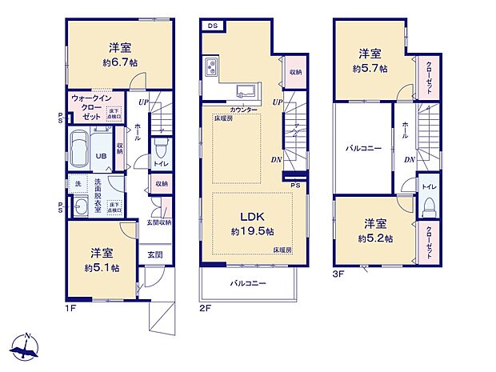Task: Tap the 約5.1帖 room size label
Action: [104, 269]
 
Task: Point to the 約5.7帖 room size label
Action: [369, 69]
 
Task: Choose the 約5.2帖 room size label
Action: [374, 238]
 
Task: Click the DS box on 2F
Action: [212, 26]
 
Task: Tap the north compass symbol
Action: [26, 347]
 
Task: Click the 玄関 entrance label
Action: [154, 255]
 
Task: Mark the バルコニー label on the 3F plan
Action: [363, 149]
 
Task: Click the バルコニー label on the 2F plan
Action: [248, 283]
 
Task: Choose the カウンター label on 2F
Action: [243, 108]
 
